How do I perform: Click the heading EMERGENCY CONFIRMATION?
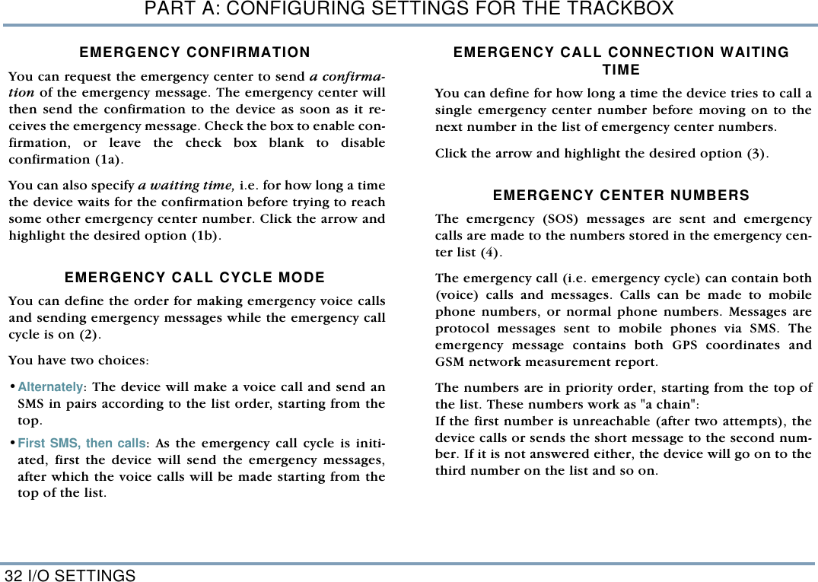[195, 52]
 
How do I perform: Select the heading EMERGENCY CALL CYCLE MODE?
[195, 278]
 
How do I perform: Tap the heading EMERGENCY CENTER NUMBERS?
[621, 196]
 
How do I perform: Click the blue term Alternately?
[50, 387]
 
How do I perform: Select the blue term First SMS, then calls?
[81, 444]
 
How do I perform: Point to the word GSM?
[450, 362]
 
